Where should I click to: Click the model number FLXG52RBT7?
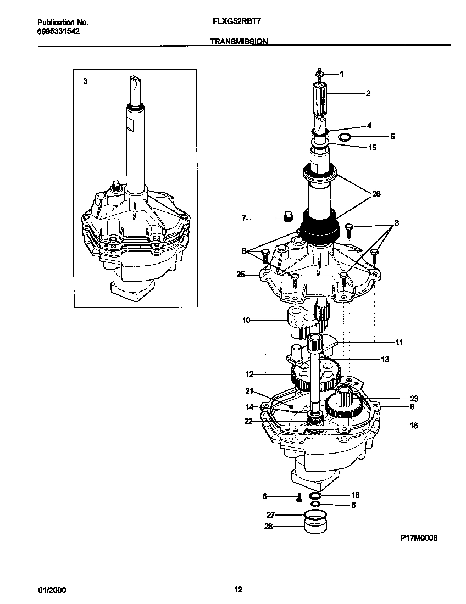(236, 23)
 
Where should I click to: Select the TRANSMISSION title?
(238, 41)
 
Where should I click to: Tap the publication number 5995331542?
(58, 31)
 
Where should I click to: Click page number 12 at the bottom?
(237, 590)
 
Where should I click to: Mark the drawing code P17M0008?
(418, 540)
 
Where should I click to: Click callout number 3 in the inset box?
(85, 81)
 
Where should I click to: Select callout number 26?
(376, 194)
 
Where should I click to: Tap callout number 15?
(372, 147)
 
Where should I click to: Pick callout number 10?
(246, 320)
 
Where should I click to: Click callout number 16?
(414, 426)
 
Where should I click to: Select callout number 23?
(414, 399)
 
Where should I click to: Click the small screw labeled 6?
(298, 498)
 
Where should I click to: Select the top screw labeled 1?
(320, 72)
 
